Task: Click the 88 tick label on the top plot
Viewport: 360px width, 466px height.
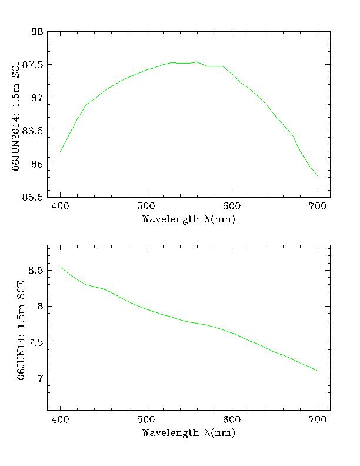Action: [36, 32]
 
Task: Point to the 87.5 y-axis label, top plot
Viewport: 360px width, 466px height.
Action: [32, 65]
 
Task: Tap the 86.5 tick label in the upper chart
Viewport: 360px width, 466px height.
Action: [32, 131]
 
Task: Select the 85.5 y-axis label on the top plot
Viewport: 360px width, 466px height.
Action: [32, 197]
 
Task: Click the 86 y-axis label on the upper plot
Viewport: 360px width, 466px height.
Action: [36, 164]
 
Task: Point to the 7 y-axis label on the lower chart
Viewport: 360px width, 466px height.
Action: [39, 378]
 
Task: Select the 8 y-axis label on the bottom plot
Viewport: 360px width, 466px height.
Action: [39, 307]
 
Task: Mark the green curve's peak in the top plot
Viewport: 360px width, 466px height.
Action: [329, 61]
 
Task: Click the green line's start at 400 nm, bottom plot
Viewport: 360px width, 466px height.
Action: [60, 267]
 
